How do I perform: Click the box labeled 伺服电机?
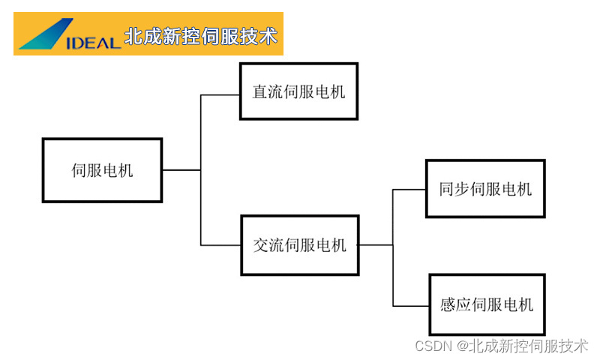pos(102,170)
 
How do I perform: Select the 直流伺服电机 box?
pos(298,91)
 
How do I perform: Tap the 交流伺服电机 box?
pos(299,244)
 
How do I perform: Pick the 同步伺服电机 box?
pos(484,189)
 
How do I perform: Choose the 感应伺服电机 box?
pos(487,304)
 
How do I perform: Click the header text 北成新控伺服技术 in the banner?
pos(201,36)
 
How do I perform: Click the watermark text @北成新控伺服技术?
pos(523,346)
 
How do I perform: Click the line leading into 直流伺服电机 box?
pos(220,95)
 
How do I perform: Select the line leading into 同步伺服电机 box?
pos(409,190)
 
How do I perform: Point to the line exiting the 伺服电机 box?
pos(181,170)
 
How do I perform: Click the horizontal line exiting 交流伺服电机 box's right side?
pos(375,244)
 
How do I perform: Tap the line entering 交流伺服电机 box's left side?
pos(220,244)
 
